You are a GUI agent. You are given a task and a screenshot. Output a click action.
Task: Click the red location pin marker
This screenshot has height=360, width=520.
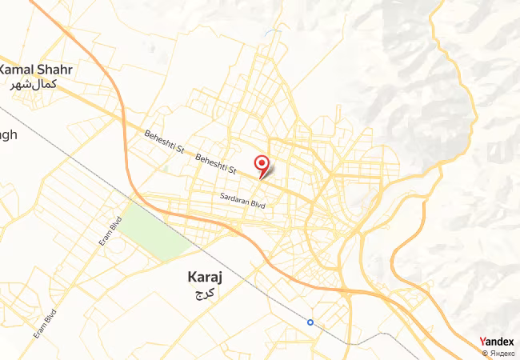click(x=261, y=164)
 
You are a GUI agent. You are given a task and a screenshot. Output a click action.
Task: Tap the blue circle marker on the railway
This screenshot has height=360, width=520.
click(x=310, y=322)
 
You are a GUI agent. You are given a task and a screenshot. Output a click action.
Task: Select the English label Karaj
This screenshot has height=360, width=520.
click(x=204, y=278)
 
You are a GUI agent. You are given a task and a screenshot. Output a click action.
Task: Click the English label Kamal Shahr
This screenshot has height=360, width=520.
click(x=38, y=70)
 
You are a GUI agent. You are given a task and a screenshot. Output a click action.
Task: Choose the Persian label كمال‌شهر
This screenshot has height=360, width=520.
click(x=34, y=84)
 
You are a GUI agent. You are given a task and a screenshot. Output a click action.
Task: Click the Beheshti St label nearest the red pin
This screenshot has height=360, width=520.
click(x=217, y=165)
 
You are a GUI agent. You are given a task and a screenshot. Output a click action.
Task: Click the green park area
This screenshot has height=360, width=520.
click(x=156, y=228)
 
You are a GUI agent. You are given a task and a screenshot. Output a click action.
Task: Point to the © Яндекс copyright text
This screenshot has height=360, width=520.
click(x=499, y=353)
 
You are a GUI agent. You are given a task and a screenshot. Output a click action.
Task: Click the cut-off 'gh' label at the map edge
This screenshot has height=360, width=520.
click(x=8, y=134)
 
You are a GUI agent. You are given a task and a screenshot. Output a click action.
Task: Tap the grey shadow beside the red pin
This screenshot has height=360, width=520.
click(x=270, y=170)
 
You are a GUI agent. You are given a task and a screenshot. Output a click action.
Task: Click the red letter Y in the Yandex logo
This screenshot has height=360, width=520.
click(x=482, y=342)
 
